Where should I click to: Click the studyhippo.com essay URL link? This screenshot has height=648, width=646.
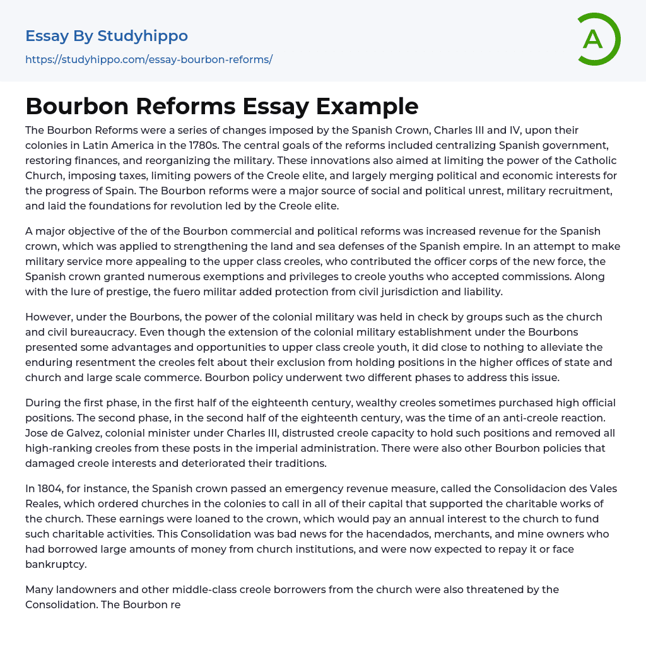[x=148, y=59]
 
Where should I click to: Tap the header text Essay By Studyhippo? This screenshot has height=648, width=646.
[x=107, y=36]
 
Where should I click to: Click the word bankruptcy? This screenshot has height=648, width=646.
[x=56, y=564]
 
